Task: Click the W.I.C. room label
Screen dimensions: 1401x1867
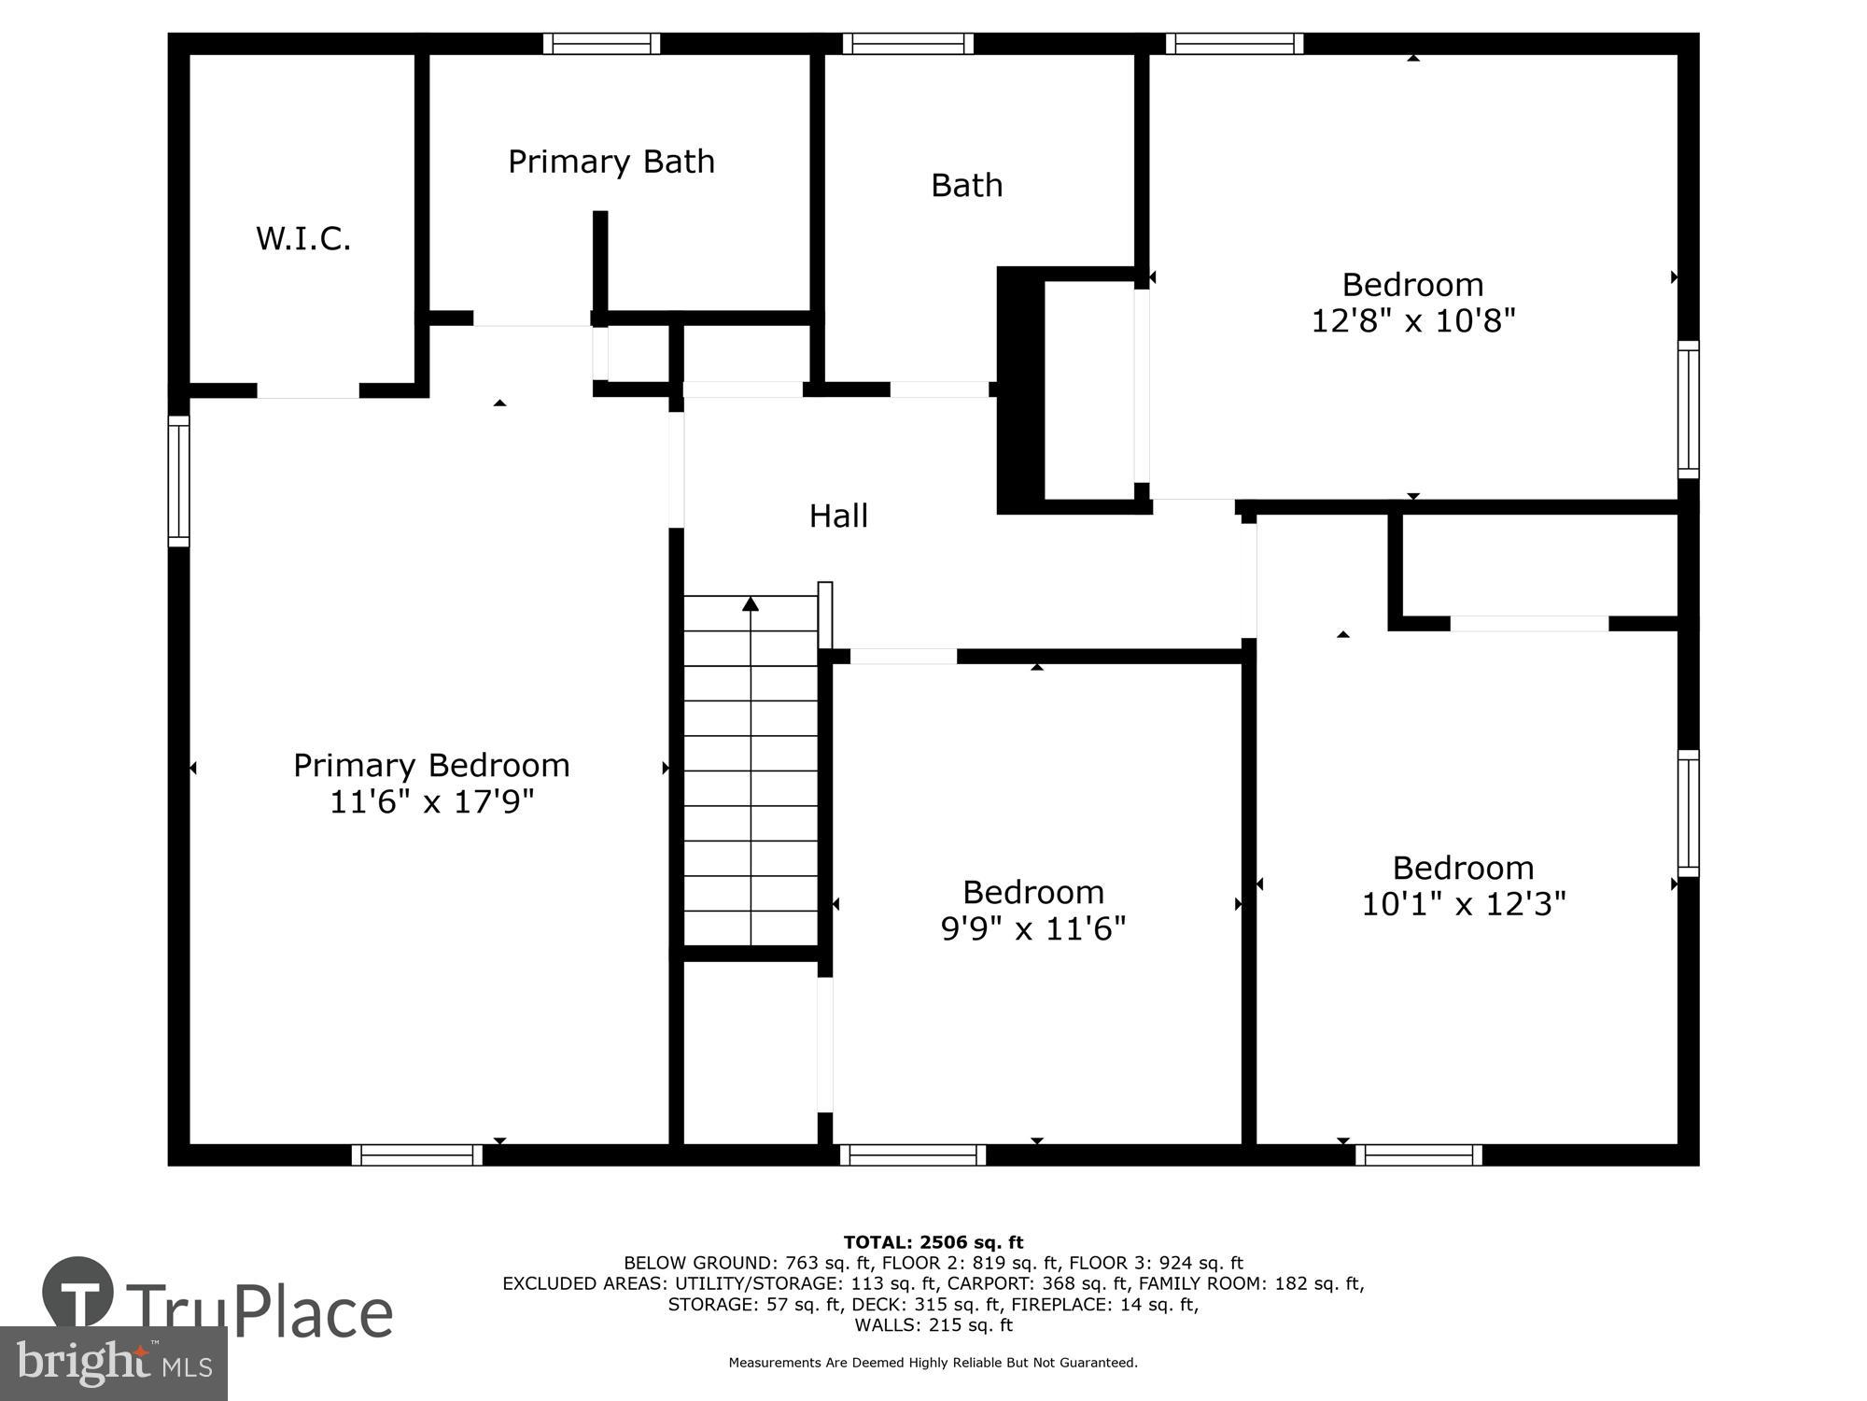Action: pos(303,239)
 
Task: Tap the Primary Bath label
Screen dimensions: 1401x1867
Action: pos(611,162)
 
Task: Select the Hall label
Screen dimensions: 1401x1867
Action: pos(838,516)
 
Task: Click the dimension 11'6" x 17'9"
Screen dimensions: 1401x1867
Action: pos(431,801)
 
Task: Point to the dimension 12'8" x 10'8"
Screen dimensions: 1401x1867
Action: pos(1412,321)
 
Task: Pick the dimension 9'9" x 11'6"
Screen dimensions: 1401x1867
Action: pos(1032,928)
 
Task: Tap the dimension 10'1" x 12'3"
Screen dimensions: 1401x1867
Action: pos(1463,904)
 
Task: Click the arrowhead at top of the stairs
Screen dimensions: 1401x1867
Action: pos(751,603)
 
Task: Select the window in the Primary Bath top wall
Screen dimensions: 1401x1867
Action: pos(602,44)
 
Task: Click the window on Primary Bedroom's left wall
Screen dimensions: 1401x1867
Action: pos(178,481)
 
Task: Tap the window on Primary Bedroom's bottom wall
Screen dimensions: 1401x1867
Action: pos(417,1155)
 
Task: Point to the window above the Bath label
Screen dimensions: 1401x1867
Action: pos(907,44)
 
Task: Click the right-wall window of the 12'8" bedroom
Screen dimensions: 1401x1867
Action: pos(1688,409)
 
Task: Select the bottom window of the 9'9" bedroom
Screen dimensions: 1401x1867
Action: pos(913,1155)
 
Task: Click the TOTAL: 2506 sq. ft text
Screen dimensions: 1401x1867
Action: pos(933,1242)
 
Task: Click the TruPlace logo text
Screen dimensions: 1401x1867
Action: pos(260,1311)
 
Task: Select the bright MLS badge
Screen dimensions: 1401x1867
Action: pos(114,1365)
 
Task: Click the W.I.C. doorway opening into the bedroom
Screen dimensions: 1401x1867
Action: pos(308,391)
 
